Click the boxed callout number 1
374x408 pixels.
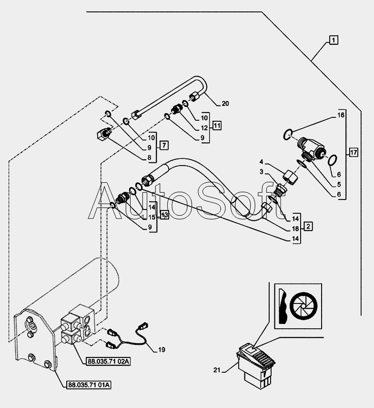334,40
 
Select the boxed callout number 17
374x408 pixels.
354,152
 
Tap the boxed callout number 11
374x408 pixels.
217,126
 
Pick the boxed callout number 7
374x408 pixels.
164,145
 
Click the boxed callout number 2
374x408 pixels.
308,226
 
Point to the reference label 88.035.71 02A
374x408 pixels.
109,361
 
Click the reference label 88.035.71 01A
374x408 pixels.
89,385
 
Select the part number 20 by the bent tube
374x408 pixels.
225,104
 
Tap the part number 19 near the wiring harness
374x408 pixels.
162,350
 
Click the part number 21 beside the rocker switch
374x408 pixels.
217,370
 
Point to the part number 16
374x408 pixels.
341,115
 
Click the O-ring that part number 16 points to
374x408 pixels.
287,135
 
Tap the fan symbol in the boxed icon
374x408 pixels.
303,306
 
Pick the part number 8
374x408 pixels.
149,158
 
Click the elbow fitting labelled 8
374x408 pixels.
103,134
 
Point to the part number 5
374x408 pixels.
339,185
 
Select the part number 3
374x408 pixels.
262,172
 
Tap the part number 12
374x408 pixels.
204,128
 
